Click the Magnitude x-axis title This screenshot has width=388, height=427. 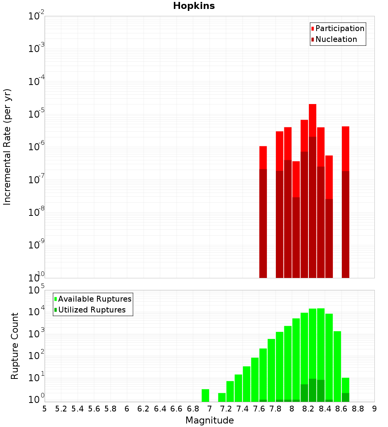click(x=210, y=420)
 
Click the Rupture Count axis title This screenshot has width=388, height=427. click(x=15, y=346)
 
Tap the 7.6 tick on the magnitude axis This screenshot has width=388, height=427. click(x=259, y=409)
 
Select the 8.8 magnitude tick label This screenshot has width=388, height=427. click(x=358, y=409)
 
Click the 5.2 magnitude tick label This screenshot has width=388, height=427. click(x=61, y=409)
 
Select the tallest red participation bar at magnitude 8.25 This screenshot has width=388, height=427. click(x=313, y=120)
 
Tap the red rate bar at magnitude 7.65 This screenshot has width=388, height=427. click(x=263, y=158)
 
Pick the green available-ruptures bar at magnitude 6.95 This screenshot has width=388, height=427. click(x=206, y=396)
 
